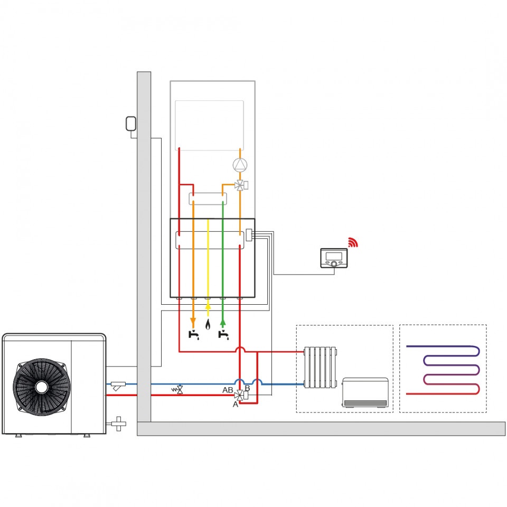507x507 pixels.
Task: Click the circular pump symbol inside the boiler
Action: coord(240,165)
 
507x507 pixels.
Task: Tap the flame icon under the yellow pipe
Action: coord(208,324)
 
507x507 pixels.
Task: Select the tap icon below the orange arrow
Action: coord(194,335)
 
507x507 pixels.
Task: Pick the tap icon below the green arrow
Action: coord(223,335)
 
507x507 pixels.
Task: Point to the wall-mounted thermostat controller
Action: coord(334,258)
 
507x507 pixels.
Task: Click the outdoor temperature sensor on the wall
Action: coord(130,124)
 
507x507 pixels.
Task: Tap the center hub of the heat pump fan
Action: coord(41,387)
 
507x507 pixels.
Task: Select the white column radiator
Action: coord(320,368)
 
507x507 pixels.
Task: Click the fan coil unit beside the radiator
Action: coord(365,392)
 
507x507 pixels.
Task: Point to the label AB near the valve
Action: coord(228,390)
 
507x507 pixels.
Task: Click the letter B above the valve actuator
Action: coord(247,388)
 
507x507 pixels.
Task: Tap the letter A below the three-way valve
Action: coord(236,404)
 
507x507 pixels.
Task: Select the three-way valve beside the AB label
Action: coord(239,394)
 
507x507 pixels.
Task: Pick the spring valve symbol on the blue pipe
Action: coord(177,390)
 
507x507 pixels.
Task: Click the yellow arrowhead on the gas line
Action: coord(208,306)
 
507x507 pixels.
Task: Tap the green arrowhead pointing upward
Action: coord(223,322)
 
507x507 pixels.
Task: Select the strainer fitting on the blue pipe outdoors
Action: coord(118,386)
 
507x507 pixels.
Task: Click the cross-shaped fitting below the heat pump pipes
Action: coord(119,424)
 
